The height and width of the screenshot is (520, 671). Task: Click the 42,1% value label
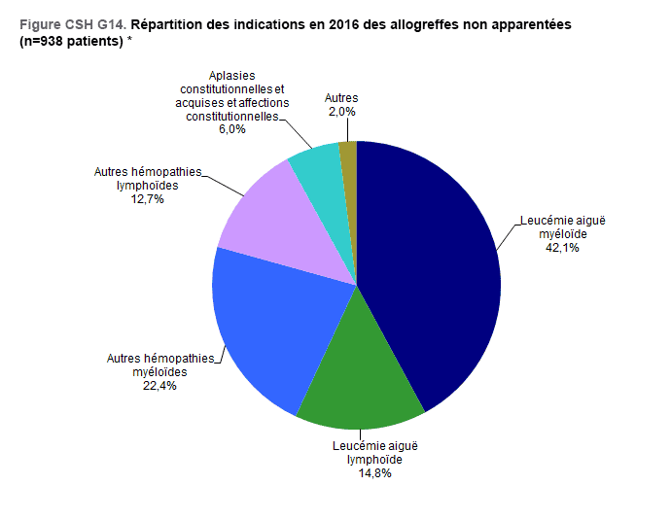pos(562,248)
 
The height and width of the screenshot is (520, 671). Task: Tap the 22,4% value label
pos(159,385)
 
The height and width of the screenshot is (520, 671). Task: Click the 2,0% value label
pos(340,112)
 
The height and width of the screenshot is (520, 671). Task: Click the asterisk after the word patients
pos(130,41)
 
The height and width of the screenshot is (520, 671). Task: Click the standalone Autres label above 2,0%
pos(340,98)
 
